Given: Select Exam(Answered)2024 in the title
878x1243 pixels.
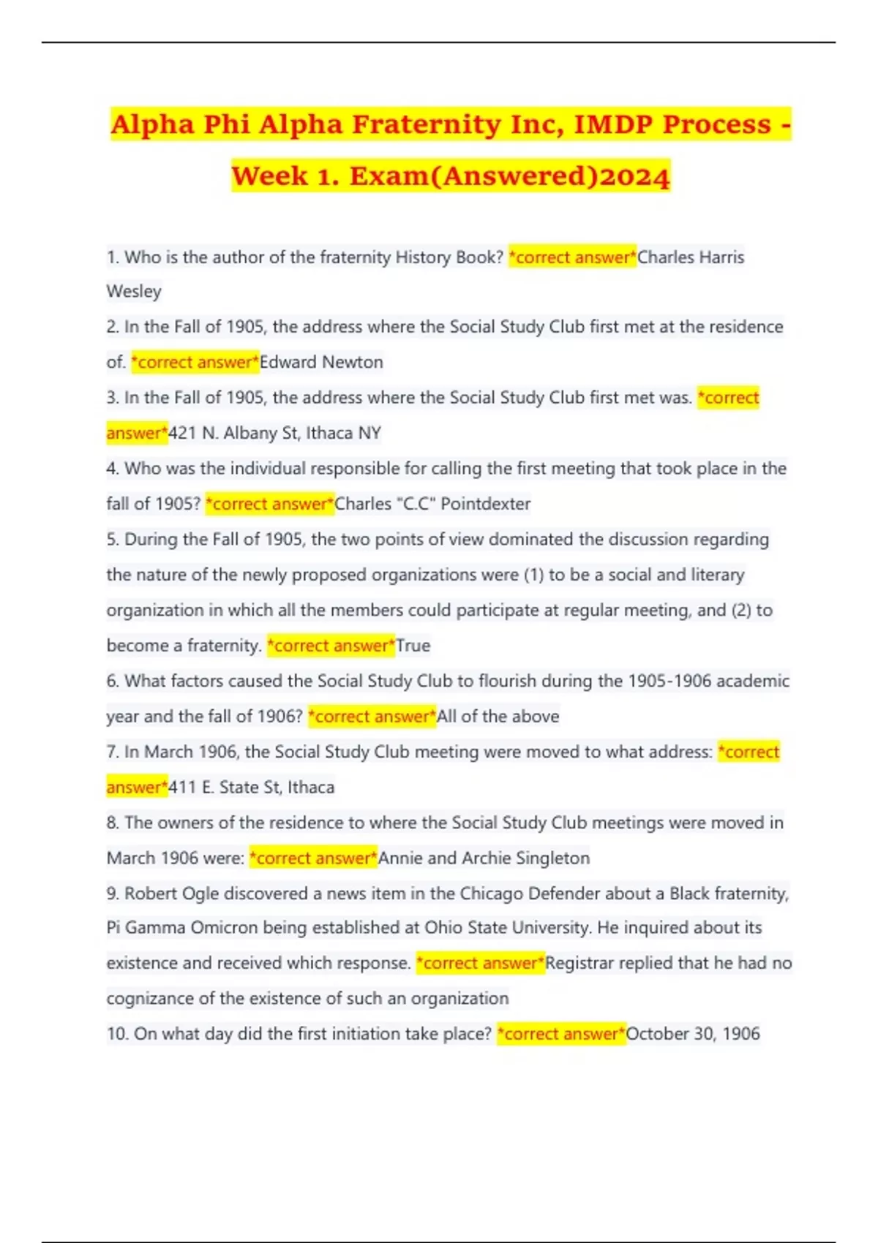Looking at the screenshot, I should [x=509, y=176].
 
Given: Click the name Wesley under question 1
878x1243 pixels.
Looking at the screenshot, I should [x=134, y=291].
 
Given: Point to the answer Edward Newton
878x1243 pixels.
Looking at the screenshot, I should [x=321, y=362].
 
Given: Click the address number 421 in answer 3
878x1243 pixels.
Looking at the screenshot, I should [x=182, y=433].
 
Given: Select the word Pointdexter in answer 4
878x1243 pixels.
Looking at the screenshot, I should [x=486, y=504].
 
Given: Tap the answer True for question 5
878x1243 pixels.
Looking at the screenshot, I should [x=413, y=646].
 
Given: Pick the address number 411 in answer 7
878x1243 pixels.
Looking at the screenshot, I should [x=182, y=787].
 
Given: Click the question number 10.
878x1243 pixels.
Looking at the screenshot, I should [x=117, y=1034].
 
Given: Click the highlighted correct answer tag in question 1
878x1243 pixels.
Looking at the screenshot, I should [x=572, y=257].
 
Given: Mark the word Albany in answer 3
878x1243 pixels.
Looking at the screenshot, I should [x=250, y=433].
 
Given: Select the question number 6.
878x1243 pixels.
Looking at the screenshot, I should [x=113, y=681].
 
